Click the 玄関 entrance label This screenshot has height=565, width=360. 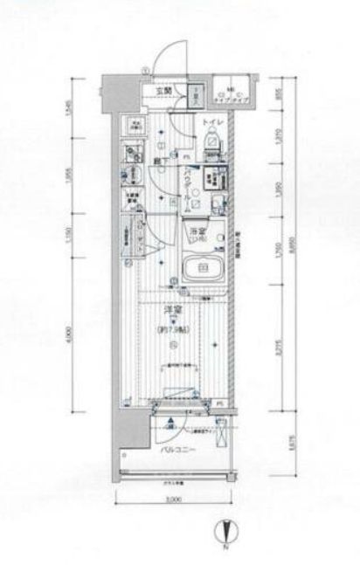(x=163, y=89)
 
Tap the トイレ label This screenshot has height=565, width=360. (x=213, y=121)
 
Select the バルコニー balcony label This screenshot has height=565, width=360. (x=177, y=451)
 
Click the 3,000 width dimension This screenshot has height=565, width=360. (x=173, y=500)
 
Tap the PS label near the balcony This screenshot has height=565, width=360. (x=220, y=403)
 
